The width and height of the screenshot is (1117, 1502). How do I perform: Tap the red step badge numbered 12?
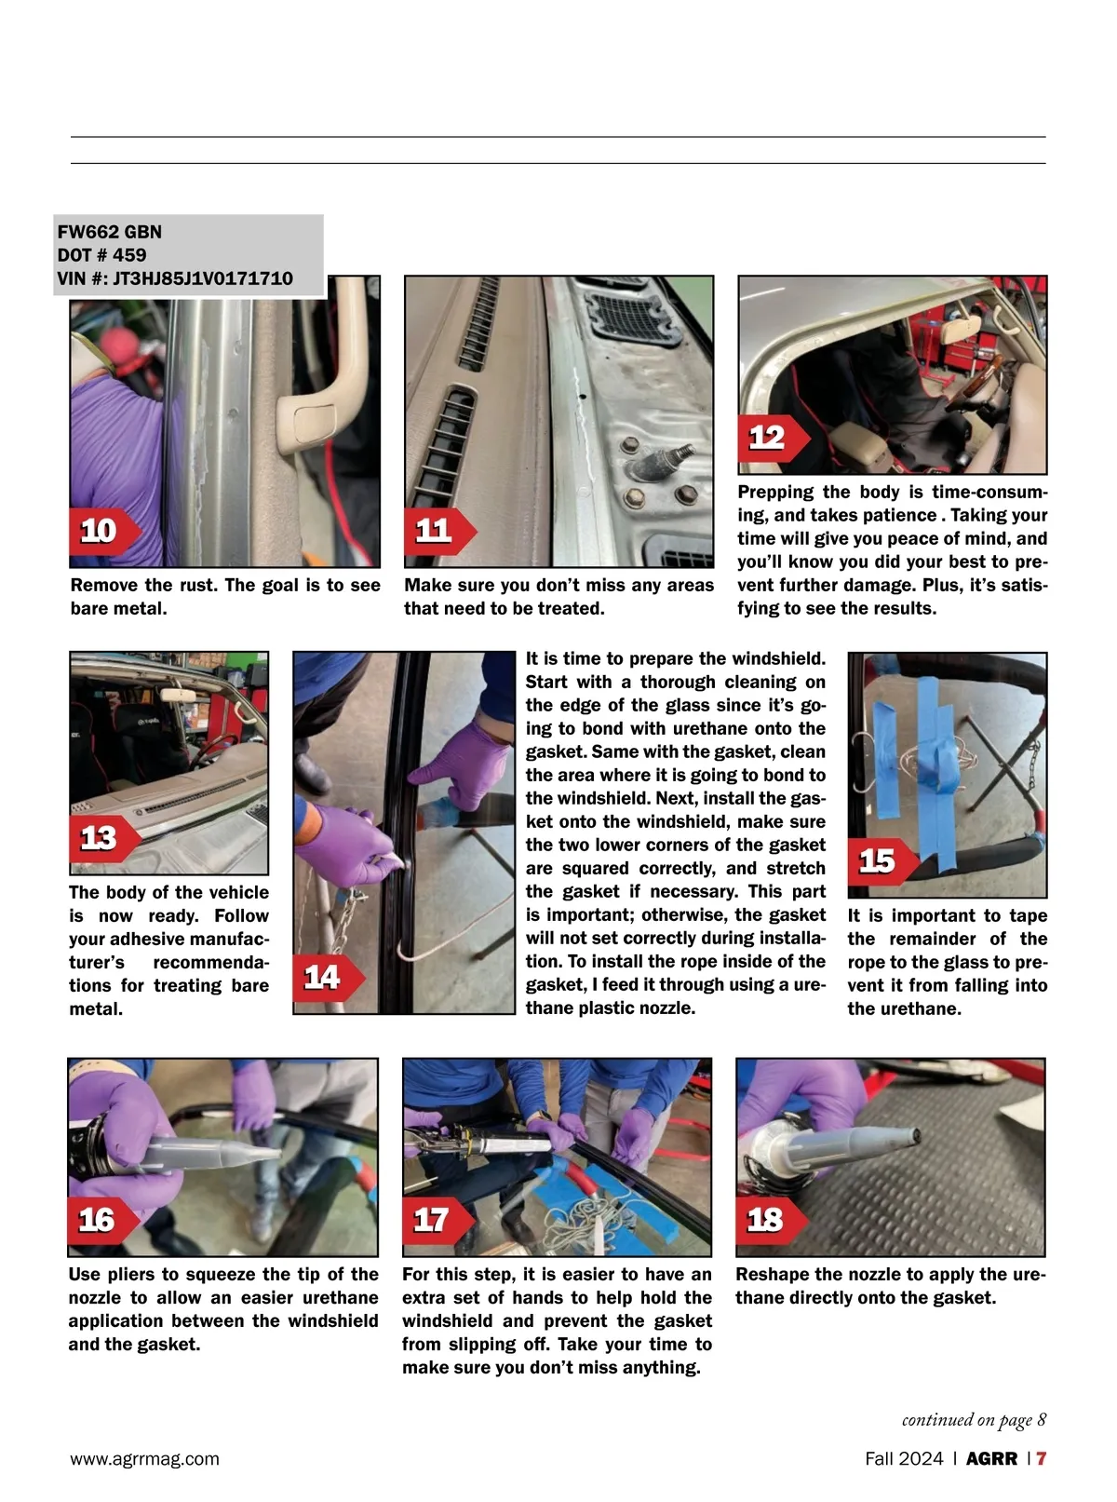point(774,439)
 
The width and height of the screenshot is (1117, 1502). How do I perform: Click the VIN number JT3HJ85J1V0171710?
point(202,278)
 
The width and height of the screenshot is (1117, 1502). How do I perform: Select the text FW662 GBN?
point(109,232)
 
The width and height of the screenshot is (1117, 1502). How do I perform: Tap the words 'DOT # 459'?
point(101,255)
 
